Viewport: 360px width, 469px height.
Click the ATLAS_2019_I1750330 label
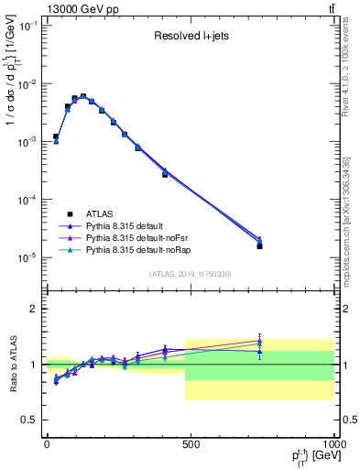tap(190, 274)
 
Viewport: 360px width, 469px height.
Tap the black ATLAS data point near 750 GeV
tap(260, 245)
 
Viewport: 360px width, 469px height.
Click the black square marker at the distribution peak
tap(83, 96)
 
